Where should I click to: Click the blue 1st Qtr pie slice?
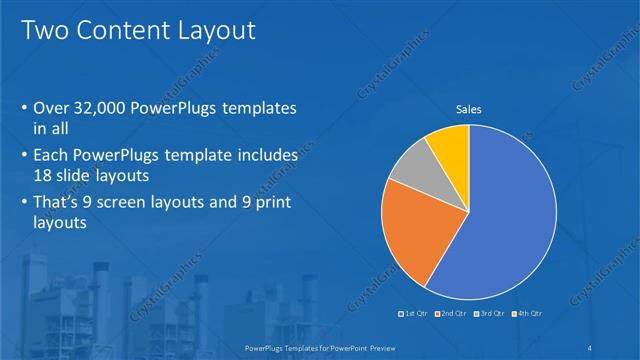(x=505, y=215)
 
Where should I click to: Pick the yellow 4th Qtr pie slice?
(x=448, y=148)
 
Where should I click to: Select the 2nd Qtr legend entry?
(x=452, y=314)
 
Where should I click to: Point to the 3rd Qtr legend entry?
(x=490, y=314)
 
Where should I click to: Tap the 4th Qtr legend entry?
(x=528, y=314)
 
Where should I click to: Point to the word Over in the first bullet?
(x=53, y=107)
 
